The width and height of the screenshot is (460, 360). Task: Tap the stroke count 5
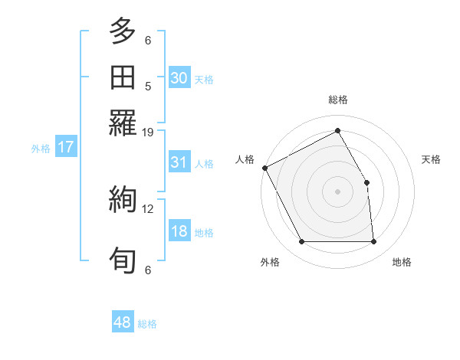pyautogui.click(x=147, y=86)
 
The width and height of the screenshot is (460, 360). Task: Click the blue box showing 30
pyautogui.click(x=179, y=78)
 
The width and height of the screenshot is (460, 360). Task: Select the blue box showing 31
pyautogui.click(x=179, y=162)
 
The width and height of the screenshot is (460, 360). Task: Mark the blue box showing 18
pyautogui.click(x=179, y=232)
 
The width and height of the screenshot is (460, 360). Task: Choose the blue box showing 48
pyautogui.click(x=122, y=322)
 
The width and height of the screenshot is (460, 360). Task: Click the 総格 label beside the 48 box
pyautogui.click(x=147, y=324)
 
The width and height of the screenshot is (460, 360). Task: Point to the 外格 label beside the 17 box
pyautogui.click(x=41, y=149)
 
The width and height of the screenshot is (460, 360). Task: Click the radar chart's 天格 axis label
pyautogui.click(x=432, y=159)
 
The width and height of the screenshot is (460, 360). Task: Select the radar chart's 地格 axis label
pyautogui.click(x=402, y=262)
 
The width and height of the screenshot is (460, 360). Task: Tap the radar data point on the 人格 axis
pyautogui.click(x=264, y=168)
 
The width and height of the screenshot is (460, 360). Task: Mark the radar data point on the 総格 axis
pyautogui.click(x=337, y=130)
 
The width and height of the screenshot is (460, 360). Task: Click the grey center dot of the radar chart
pyautogui.click(x=337, y=191)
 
